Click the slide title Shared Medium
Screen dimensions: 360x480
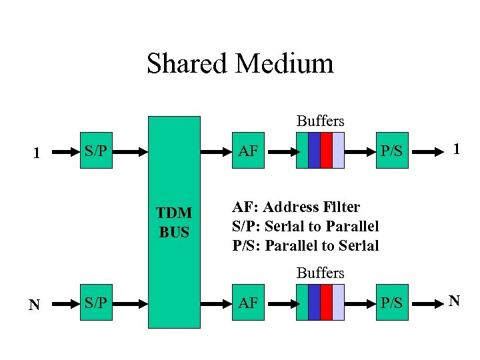[240, 64]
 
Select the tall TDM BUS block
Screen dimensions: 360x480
[174, 222]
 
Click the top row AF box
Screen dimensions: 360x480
[248, 151]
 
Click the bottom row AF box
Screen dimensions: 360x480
[248, 303]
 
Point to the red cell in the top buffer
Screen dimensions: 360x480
[326, 151]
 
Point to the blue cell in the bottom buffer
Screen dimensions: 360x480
[314, 303]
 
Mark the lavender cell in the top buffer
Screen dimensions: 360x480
[339, 151]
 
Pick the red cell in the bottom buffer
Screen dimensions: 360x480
[326, 303]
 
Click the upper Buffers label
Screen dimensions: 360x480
[320, 121]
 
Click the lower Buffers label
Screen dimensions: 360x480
[320, 273]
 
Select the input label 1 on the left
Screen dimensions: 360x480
[38, 153]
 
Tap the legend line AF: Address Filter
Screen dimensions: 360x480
[296, 207]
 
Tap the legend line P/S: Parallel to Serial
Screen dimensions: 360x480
[305, 245]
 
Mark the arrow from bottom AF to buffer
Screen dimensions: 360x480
[284, 303]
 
